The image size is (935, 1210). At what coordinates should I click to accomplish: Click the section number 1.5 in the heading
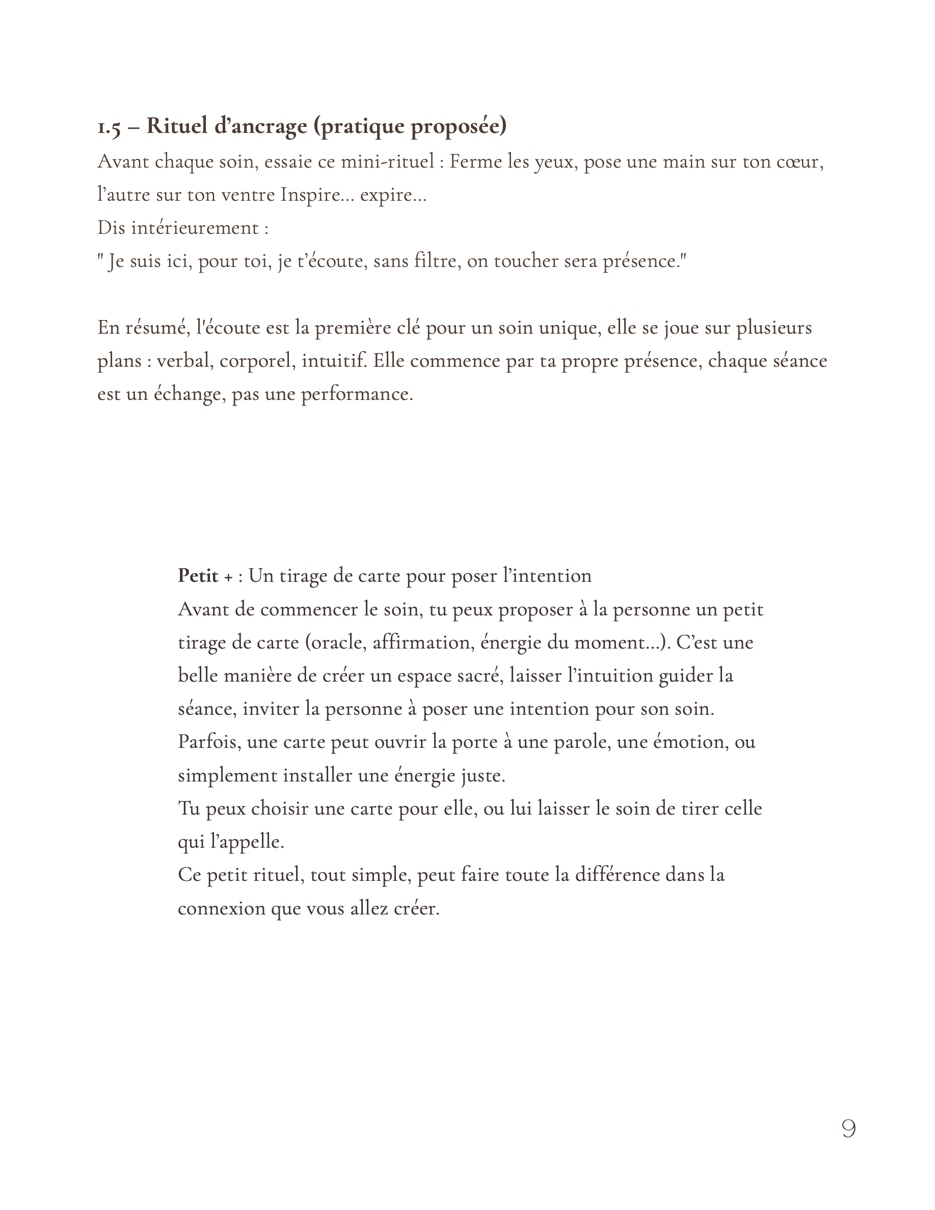109,127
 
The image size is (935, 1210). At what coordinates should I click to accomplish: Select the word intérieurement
195,228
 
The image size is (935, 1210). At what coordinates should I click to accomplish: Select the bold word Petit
198,576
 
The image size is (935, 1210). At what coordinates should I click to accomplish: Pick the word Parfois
209,742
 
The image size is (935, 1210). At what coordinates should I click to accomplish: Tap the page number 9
848,1128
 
